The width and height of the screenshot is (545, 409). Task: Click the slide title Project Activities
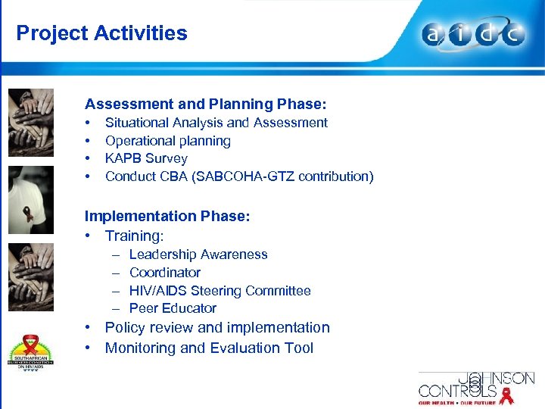pos(101,33)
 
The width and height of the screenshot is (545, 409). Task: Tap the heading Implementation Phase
pos(167,216)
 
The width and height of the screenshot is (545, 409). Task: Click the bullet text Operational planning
pos(168,141)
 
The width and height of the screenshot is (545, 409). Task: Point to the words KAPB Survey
pos(146,158)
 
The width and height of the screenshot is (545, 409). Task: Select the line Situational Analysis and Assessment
pos(216,123)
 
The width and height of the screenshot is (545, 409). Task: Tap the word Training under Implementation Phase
pos(134,236)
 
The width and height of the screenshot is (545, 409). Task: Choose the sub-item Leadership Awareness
pos(198,254)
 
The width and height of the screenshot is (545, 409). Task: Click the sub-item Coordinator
pos(165,273)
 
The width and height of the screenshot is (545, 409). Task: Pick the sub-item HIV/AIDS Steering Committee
pos(220,291)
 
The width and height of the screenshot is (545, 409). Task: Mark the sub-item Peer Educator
pos(173,308)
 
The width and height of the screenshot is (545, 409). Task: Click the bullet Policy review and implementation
pos(217,328)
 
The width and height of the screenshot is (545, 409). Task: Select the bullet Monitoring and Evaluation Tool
pos(209,348)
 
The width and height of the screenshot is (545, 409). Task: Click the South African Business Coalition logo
pos(31,348)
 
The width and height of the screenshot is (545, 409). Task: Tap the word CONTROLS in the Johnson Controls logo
pos(457,392)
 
